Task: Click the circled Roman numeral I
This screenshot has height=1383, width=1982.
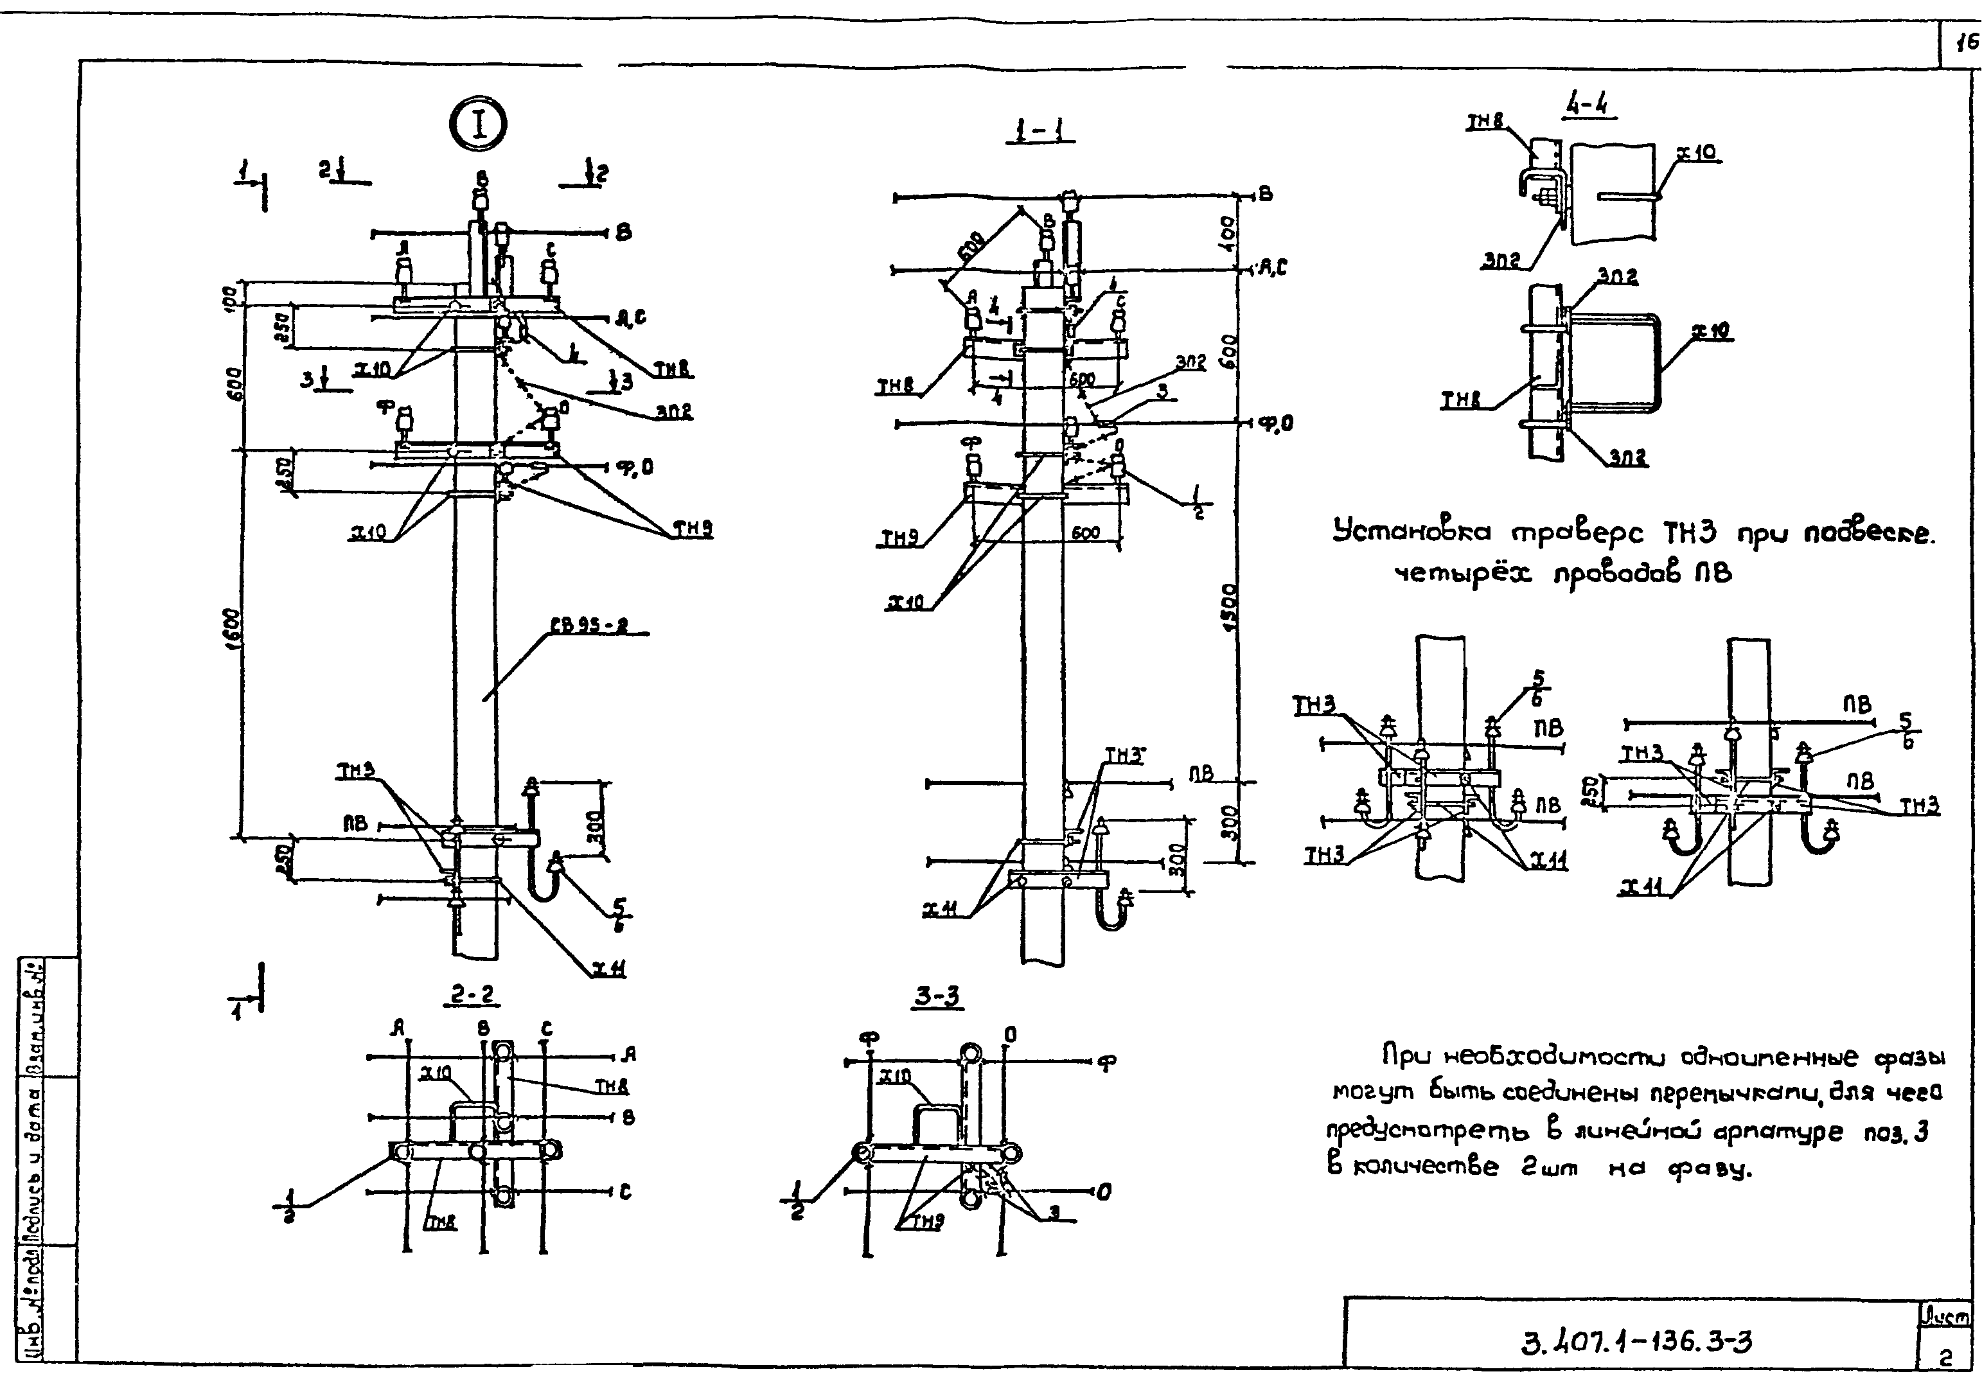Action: (477, 125)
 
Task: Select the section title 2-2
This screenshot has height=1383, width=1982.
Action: (472, 996)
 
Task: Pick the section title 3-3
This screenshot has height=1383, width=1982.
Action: (937, 997)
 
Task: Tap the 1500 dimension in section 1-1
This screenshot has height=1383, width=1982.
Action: (1230, 608)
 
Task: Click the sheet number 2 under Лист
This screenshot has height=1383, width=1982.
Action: (1946, 1358)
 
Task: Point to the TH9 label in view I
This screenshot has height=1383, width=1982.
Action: (693, 529)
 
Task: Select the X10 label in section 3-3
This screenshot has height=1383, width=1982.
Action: (897, 1077)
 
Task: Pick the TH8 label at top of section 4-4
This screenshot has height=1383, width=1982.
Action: (1485, 123)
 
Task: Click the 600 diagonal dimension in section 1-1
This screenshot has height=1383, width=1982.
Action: (974, 249)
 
